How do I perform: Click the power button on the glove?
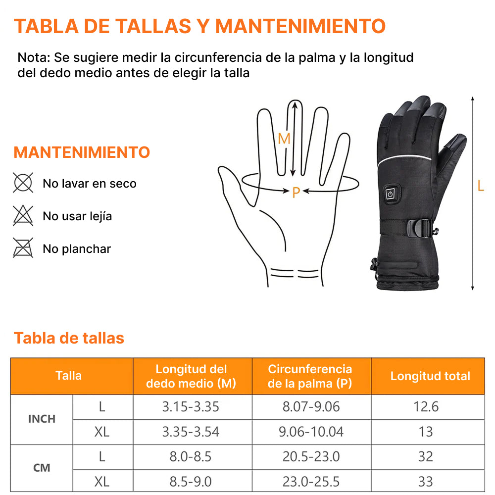[391, 194]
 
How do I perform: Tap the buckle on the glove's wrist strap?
[419, 228]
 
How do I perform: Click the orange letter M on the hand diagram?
[284, 139]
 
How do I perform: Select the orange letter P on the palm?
[296, 192]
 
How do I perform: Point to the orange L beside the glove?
[481, 186]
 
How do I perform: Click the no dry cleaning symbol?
[23, 183]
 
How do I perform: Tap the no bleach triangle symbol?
[23, 215]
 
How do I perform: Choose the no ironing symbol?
[23, 248]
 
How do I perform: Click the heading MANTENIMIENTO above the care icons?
[82, 152]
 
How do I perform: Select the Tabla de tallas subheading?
[69, 338]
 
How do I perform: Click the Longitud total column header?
[430, 376]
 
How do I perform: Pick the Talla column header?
[68, 376]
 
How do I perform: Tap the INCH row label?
[42, 419]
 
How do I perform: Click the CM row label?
[42, 468]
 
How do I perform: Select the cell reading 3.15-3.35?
[191, 407]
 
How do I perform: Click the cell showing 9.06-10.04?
[311, 432]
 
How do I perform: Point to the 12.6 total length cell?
[426, 407]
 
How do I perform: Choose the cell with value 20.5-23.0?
[311, 456]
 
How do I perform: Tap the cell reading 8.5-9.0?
[191, 482]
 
